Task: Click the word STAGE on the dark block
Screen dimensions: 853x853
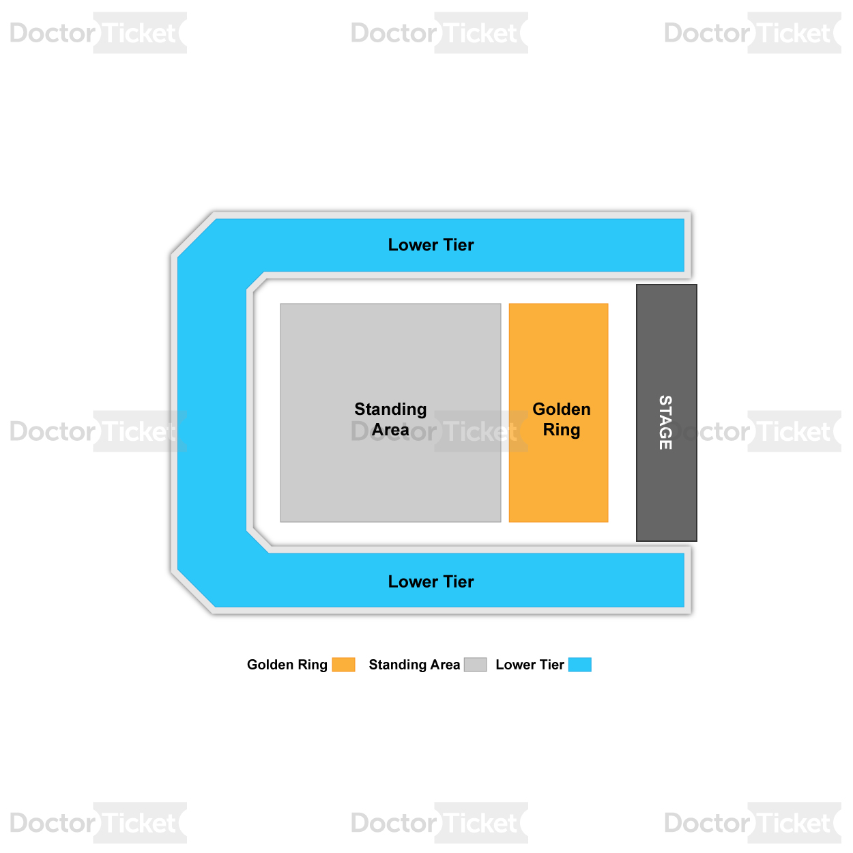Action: click(x=665, y=422)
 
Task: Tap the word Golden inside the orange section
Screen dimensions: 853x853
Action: click(x=562, y=409)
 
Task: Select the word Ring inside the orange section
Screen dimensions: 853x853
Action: click(x=562, y=430)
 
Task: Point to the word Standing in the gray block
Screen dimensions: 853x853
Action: click(x=390, y=410)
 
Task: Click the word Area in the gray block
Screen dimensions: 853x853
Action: click(x=390, y=429)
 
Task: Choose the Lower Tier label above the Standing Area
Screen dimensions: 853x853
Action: click(x=431, y=245)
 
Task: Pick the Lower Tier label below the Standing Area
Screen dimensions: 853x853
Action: click(x=431, y=581)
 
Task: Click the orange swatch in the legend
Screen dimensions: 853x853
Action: click(x=343, y=665)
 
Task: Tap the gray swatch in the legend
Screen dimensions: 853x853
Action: click(x=475, y=665)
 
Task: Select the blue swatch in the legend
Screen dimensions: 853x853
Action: click(x=580, y=665)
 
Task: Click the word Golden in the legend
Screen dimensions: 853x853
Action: click(x=270, y=665)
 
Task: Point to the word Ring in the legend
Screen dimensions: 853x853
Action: click(x=313, y=665)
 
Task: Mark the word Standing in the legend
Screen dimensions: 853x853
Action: click(x=398, y=665)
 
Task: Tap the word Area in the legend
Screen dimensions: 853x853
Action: click(x=446, y=665)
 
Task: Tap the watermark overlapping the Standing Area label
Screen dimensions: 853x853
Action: click(x=439, y=431)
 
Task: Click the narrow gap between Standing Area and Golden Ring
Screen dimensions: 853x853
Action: click(x=505, y=413)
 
